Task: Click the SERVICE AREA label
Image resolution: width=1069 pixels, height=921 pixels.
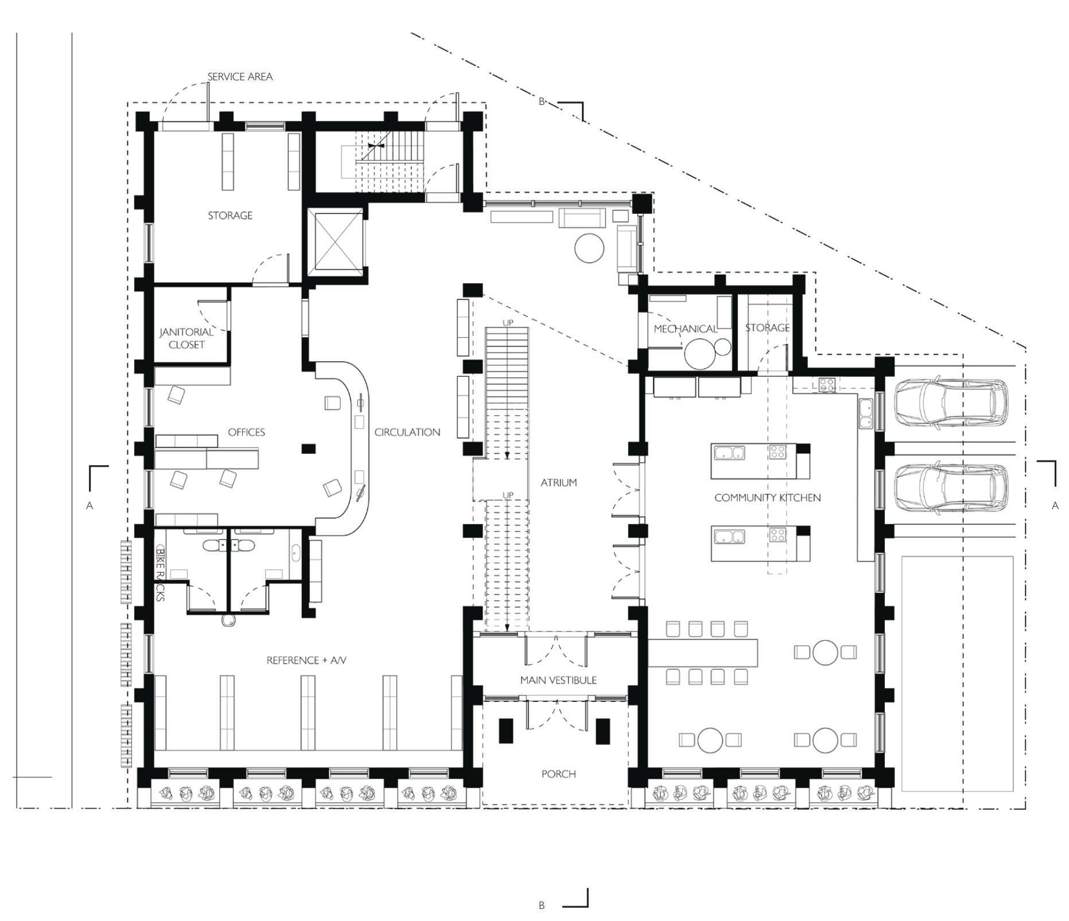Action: [240, 77]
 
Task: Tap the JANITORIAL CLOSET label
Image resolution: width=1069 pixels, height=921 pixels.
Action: [186, 338]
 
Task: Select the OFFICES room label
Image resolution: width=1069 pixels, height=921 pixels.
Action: [247, 432]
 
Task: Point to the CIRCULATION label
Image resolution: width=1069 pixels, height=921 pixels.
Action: [407, 432]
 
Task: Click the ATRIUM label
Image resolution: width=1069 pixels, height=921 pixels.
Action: [559, 483]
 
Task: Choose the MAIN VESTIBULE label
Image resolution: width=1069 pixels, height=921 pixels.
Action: [558, 680]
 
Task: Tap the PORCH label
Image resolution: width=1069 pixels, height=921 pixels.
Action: [559, 774]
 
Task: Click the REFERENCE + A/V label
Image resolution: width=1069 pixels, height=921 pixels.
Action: [307, 661]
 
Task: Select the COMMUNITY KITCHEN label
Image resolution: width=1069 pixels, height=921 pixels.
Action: [768, 498]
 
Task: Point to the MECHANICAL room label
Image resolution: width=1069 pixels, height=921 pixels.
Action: [686, 329]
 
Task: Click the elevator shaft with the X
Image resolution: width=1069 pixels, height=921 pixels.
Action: [335, 240]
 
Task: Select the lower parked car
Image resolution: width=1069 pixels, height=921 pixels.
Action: [951, 487]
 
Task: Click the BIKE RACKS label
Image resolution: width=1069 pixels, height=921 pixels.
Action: [160, 573]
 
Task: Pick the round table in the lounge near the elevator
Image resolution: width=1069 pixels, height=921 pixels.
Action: [589, 248]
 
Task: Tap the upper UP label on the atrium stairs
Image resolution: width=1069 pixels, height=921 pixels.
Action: [508, 323]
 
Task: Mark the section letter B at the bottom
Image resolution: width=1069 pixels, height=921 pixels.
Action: [542, 906]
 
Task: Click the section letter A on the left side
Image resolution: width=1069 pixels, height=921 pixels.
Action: [90, 506]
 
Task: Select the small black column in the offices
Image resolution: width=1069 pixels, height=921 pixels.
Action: [309, 448]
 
